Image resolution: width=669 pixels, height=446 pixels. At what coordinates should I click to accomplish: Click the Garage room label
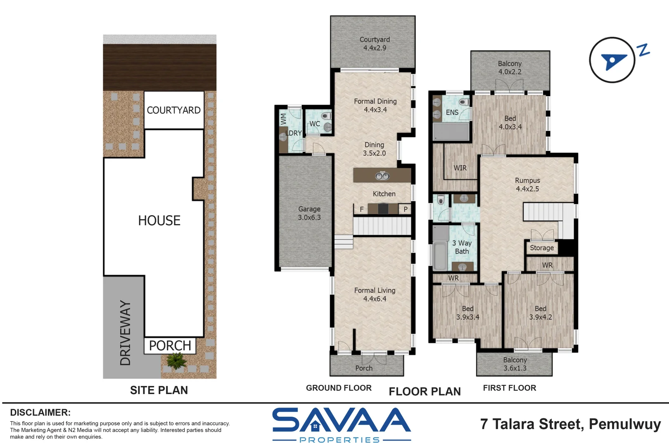(309, 213)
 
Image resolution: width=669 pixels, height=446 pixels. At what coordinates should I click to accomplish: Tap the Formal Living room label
(375, 294)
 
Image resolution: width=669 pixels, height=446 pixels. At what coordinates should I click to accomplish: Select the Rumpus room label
(527, 185)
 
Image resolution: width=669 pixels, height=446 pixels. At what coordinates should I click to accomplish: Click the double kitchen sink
(382, 176)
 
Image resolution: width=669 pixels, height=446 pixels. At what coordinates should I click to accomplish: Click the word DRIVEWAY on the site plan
(125, 333)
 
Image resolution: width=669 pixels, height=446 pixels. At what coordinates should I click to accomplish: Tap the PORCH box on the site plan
(170, 346)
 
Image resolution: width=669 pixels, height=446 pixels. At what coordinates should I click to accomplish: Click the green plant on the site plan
(177, 361)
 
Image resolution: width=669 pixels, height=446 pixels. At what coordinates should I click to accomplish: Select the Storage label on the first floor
(542, 248)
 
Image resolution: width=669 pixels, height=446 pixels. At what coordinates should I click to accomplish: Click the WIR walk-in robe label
(460, 168)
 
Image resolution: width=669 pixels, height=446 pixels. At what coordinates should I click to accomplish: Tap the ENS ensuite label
(452, 112)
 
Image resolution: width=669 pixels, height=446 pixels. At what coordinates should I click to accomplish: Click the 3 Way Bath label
(462, 247)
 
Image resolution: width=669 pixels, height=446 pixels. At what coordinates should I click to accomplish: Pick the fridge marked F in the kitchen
(362, 209)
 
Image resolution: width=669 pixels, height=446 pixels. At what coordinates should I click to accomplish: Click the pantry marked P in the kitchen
(406, 209)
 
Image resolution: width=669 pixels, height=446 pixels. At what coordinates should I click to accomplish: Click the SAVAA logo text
(341, 420)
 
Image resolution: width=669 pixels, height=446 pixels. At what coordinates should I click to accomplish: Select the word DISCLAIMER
(40, 413)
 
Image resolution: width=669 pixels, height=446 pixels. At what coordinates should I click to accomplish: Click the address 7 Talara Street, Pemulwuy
(570, 424)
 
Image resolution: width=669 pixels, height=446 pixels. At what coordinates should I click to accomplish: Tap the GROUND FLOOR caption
(339, 388)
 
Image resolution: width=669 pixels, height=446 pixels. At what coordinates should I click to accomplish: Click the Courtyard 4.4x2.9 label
(375, 44)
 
